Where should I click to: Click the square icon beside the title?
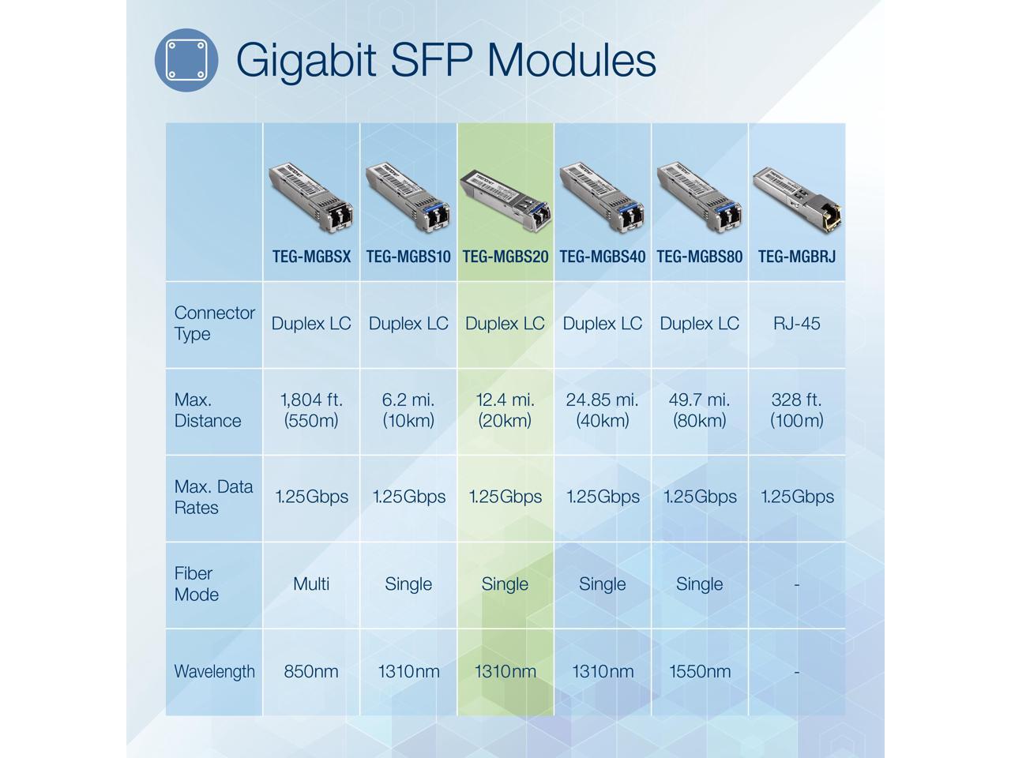(186, 60)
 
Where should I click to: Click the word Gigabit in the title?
(305, 60)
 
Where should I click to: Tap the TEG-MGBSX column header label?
(311, 257)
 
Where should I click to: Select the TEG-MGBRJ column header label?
(796, 257)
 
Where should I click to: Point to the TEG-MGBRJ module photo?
(796, 197)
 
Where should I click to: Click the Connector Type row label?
(213, 324)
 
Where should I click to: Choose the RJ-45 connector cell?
(796, 324)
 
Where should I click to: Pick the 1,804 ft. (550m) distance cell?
(311, 411)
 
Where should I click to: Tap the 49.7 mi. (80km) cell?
(700, 411)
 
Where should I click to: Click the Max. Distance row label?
(207, 411)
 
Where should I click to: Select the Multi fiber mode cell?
(311, 584)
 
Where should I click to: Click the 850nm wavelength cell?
(311, 672)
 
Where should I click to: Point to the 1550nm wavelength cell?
(700, 672)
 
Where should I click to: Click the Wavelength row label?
(214, 672)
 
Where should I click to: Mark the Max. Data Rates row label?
(213, 497)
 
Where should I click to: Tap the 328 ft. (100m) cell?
(796, 411)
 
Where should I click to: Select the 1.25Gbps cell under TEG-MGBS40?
(603, 497)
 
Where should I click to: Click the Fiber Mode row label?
(196, 584)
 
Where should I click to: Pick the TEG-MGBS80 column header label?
(700, 257)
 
